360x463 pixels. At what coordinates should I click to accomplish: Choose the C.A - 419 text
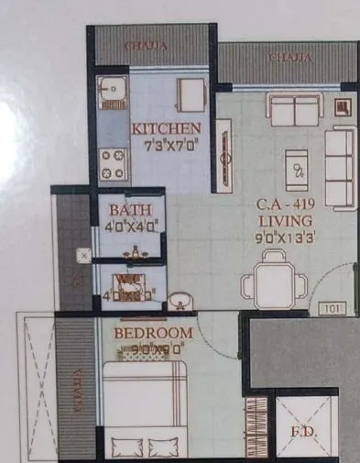[x=284, y=205]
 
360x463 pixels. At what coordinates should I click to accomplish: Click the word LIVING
[x=285, y=221]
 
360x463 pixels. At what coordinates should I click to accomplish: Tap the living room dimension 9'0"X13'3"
[x=285, y=237]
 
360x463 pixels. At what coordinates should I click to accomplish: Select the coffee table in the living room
[x=297, y=169]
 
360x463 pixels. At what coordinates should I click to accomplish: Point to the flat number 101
[x=333, y=310]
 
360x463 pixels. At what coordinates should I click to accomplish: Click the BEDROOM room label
[x=154, y=332]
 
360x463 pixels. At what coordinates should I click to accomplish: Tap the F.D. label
[x=304, y=430]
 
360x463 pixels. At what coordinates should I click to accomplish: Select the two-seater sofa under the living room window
[x=295, y=108]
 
